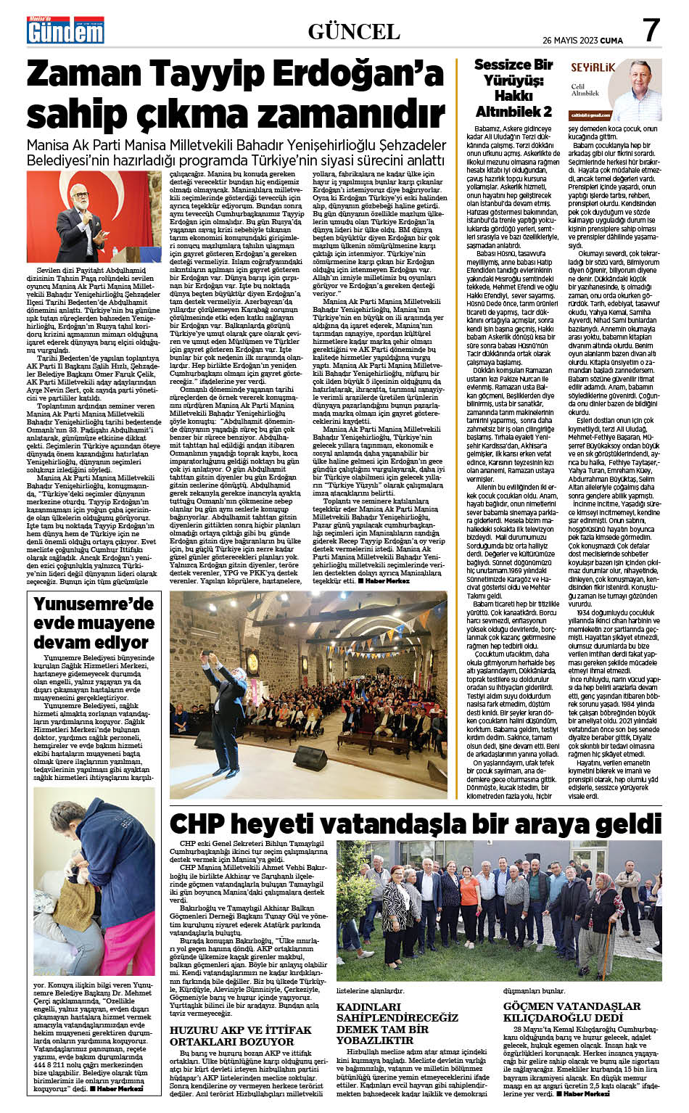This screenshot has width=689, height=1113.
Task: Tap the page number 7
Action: click(651, 30)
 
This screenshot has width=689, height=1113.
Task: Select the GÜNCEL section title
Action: click(354, 31)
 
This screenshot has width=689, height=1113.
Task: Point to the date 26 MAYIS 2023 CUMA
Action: click(582, 39)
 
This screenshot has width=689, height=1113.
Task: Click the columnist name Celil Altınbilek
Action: click(585, 89)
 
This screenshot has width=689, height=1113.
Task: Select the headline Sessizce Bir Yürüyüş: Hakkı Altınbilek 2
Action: click(513, 88)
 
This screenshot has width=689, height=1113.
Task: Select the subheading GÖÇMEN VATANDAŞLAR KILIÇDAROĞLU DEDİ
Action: click(572, 1011)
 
